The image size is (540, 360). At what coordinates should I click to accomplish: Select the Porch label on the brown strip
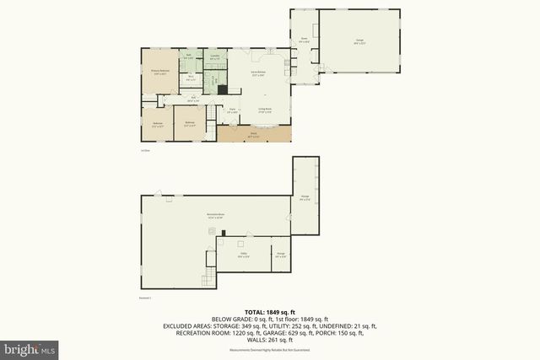point(252,132)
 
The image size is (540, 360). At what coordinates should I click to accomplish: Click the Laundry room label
point(215,57)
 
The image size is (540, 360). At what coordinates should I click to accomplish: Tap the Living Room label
point(262,110)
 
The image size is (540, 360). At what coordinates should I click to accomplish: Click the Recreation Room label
point(214,216)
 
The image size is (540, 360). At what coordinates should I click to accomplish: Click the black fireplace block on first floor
point(222,89)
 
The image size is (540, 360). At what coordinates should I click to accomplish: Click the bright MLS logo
point(30,347)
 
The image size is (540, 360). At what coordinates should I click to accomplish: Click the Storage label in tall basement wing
point(305,198)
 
